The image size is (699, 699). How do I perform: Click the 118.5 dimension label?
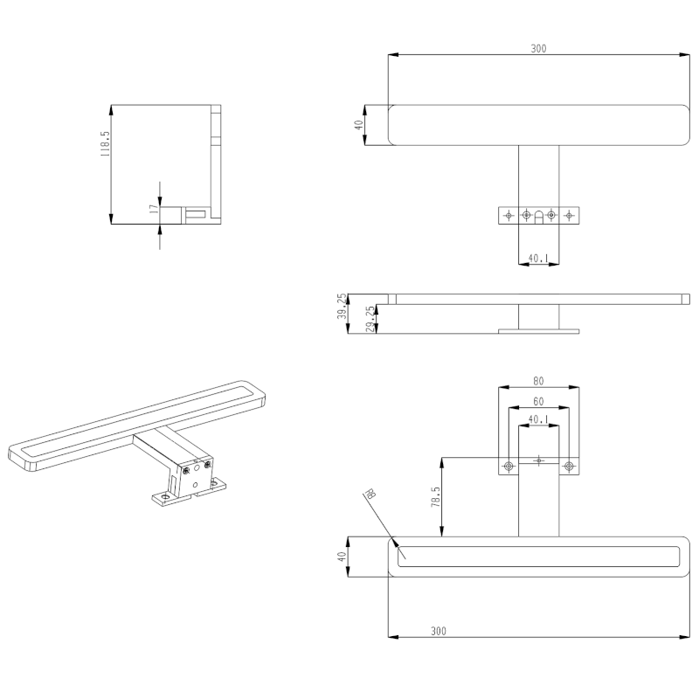(105, 144)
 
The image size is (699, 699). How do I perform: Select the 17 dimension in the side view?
(154, 209)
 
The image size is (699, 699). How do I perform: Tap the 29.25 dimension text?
(370, 319)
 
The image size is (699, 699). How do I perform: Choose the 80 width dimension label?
(538, 381)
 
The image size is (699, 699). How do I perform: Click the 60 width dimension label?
(538, 401)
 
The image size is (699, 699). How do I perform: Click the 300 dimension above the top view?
(538, 49)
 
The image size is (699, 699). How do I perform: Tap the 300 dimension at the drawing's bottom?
(439, 631)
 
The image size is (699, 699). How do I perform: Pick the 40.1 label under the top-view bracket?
(538, 259)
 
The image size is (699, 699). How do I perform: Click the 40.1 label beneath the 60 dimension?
(538, 419)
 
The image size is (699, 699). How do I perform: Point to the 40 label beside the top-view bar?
(358, 125)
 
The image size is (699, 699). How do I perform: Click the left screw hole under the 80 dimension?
(508, 466)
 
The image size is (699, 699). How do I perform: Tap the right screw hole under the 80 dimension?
(569, 466)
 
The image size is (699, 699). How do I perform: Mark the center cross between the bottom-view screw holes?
(538, 459)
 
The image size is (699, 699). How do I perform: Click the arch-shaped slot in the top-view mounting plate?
(538, 216)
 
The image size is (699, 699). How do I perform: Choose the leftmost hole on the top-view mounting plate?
(509, 214)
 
